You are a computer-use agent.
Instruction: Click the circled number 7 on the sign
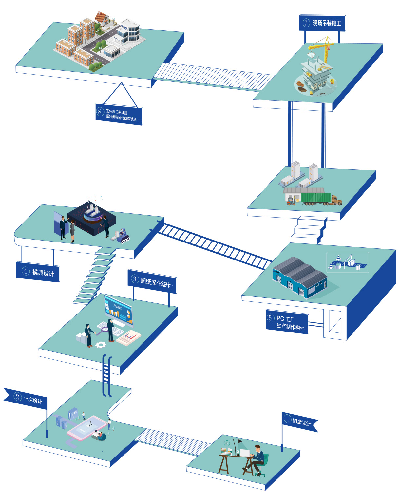coord(306,23)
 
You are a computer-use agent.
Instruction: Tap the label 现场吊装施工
coord(327,23)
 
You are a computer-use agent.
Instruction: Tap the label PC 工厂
coord(285,318)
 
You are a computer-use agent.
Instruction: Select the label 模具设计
coord(43,273)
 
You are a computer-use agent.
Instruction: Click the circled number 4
coord(26,271)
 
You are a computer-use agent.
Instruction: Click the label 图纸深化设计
coord(156,282)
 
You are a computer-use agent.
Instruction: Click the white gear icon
coord(101,344)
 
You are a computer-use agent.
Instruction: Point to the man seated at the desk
coord(257,458)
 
